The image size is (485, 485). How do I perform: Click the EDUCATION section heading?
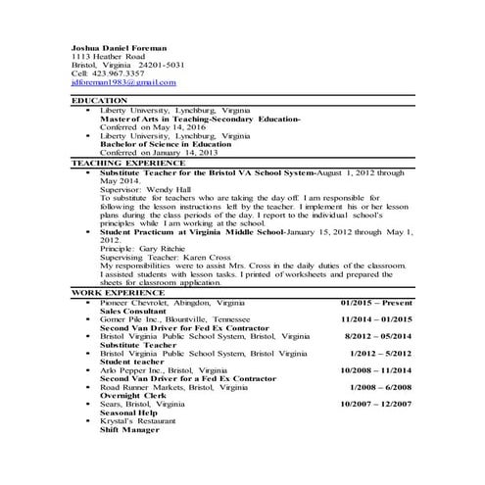point(100,101)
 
